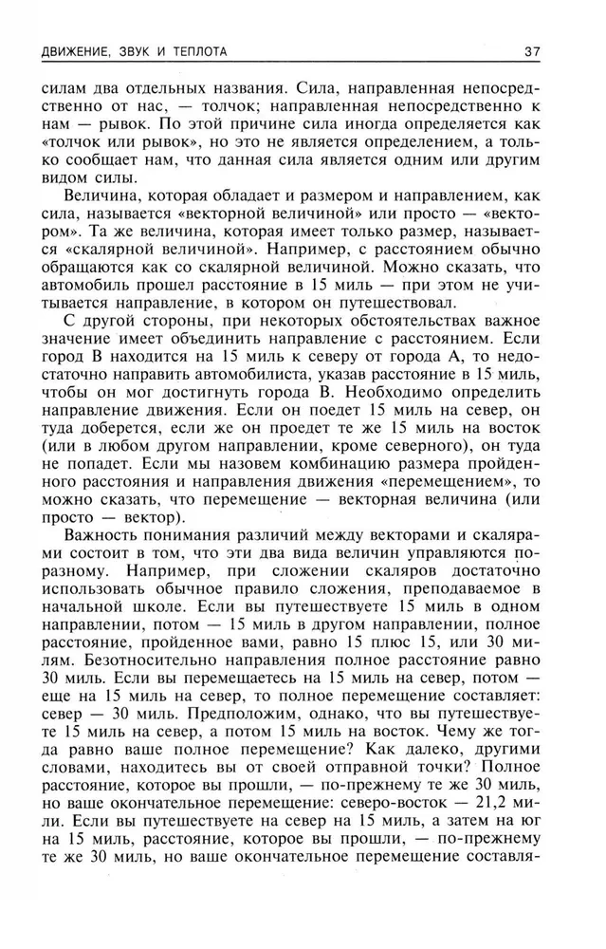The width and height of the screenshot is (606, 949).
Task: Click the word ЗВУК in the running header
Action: [x=142, y=50]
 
